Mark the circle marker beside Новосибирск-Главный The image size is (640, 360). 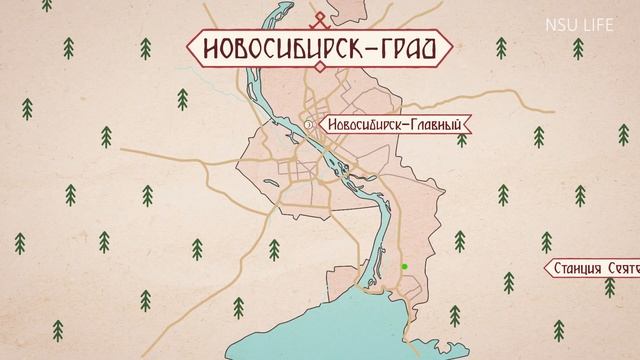(x=310, y=125)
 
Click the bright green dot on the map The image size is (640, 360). (x=404, y=266)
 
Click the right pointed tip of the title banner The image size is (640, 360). (x=453, y=47)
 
